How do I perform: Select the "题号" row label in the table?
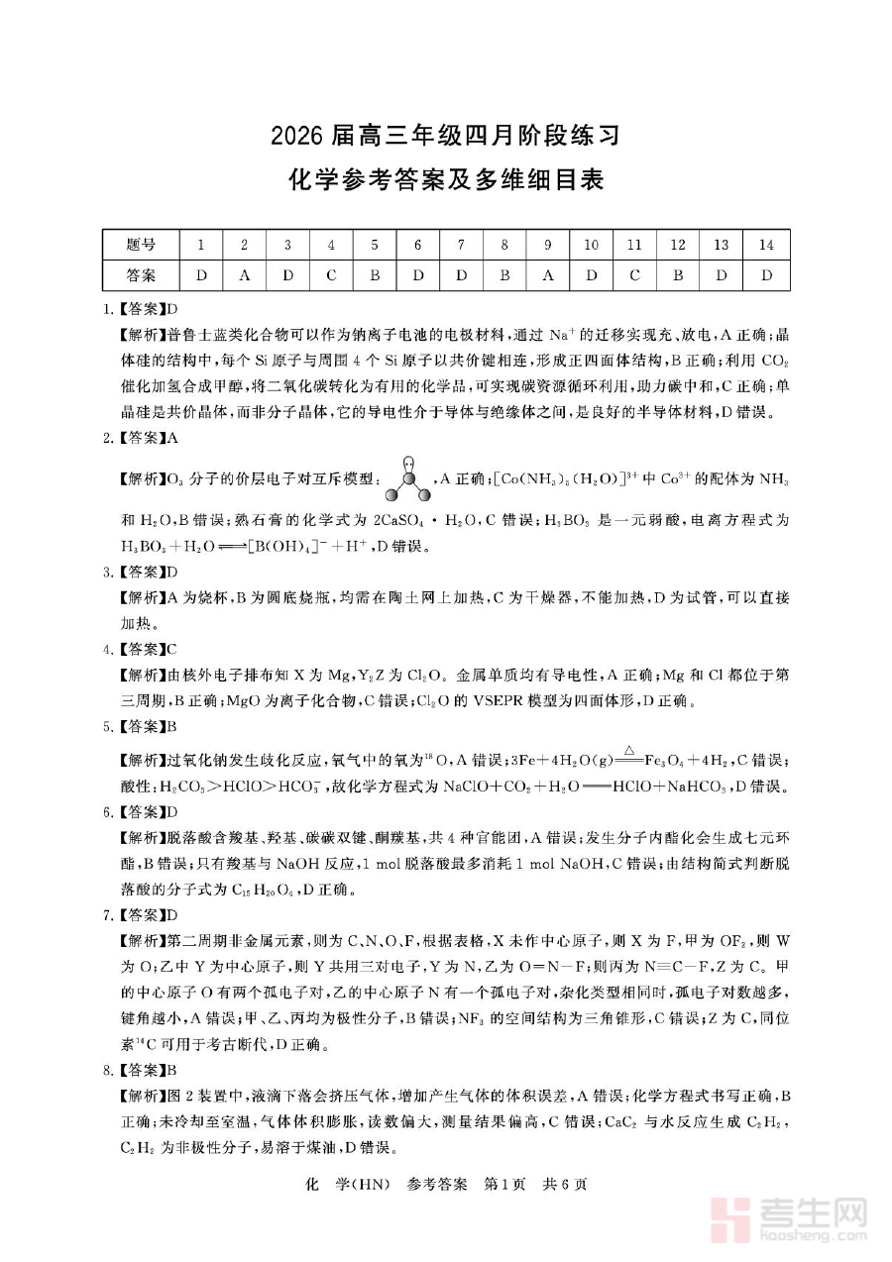141,246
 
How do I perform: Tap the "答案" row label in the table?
141,274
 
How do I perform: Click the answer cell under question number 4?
331,274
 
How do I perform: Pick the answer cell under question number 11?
634,274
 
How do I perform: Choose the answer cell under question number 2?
244,274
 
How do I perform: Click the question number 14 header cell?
765,246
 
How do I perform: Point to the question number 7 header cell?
461,246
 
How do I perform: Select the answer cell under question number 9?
548,274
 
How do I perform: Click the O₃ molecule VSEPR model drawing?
408,478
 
